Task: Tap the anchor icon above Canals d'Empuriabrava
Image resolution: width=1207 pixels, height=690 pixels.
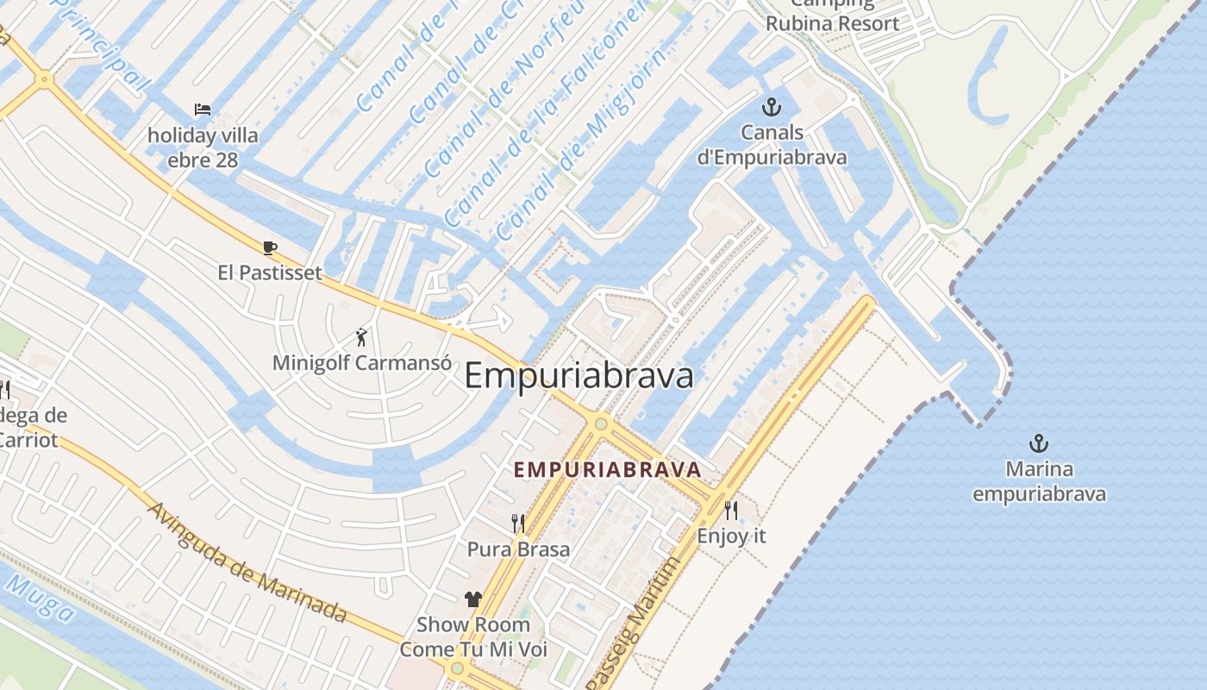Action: click(x=772, y=108)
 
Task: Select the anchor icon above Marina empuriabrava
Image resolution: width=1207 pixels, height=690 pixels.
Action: click(x=1039, y=444)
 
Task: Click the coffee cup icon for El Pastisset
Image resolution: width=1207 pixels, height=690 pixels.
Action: click(x=270, y=248)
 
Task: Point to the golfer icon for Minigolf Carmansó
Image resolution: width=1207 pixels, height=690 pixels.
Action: click(x=361, y=337)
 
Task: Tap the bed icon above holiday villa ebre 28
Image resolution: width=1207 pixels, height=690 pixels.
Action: click(x=203, y=110)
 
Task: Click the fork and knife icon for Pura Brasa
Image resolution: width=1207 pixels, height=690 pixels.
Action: click(x=518, y=524)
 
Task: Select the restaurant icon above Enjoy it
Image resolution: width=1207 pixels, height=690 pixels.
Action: click(x=731, y=511)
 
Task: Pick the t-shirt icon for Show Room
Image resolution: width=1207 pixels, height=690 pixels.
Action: click(x=472, y=599)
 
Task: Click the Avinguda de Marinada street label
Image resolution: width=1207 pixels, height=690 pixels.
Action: click(x=247, y=561)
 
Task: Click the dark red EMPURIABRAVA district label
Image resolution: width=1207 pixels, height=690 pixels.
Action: click(x=607, y=470)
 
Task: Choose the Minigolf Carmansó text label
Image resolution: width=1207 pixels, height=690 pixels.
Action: click(x=361, y=363)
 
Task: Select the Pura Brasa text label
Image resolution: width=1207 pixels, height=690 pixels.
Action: click(x=518, y=549)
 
